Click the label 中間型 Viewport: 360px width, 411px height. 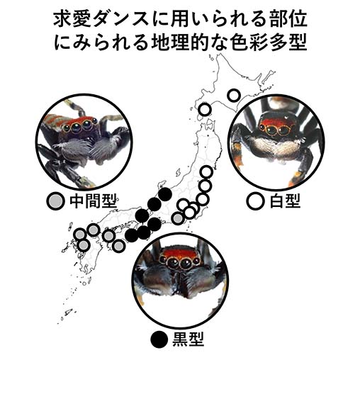pos(93,201)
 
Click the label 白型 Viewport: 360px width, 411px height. pos(285,201)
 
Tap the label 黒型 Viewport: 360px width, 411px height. pos(188,339)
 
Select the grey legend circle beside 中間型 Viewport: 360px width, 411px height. pos(55,201)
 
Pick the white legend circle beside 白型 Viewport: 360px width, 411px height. pos(256,201)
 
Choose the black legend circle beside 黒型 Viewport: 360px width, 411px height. pos(159,339)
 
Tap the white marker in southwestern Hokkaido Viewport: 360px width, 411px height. pos(205,110)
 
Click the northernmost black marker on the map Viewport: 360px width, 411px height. pos(165,194)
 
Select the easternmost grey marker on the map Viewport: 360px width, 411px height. pos(178,218)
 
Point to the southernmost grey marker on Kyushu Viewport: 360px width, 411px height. pos(84,246)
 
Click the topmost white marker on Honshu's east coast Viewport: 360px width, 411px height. pos(206,172)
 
